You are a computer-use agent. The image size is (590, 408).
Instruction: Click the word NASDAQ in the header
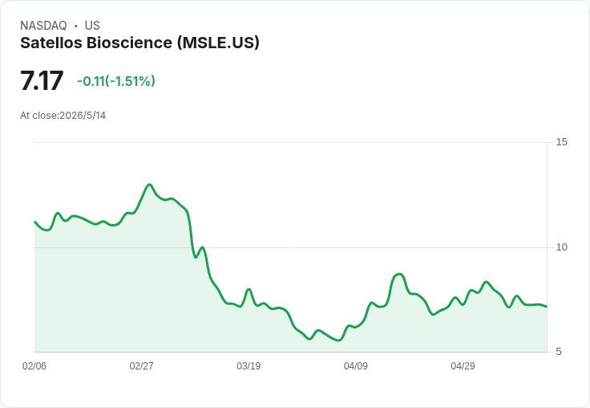(x=43, y=26)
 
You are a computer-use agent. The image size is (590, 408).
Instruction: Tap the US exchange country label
(x=92, y=26)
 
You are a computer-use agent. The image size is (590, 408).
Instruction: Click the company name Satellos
(x=51, y=43)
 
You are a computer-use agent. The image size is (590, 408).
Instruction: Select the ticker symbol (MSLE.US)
(x=218, y=43)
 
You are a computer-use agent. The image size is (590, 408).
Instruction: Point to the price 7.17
(x=42, y=80)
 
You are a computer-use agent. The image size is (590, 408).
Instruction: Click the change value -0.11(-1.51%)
(x=116, y=81)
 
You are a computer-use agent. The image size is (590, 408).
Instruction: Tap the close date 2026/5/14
(x=83, y=116)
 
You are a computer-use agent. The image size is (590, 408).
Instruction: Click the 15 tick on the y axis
(x=561, y=142)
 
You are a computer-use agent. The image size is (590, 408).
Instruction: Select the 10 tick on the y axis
(x=561, y=247)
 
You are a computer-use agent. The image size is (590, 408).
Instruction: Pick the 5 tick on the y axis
(x=559, y=352)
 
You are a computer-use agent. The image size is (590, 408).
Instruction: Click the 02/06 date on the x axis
(x=34, y=366)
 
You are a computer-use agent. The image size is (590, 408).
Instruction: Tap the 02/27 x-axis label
(x=141, y=366)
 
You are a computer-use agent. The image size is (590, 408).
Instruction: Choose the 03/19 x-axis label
(x=249, y=366)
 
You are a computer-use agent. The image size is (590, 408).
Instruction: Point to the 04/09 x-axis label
(x=356, y=366)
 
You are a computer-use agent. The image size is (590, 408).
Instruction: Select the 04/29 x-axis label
(x=463, y=366)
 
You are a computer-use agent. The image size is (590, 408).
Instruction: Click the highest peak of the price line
(x=150, y=185)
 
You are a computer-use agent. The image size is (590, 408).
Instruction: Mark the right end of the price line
(x=547, y=307)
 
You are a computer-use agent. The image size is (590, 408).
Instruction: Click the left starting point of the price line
(x=35, y=222)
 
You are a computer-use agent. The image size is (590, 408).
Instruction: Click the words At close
(x=39, y=116)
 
